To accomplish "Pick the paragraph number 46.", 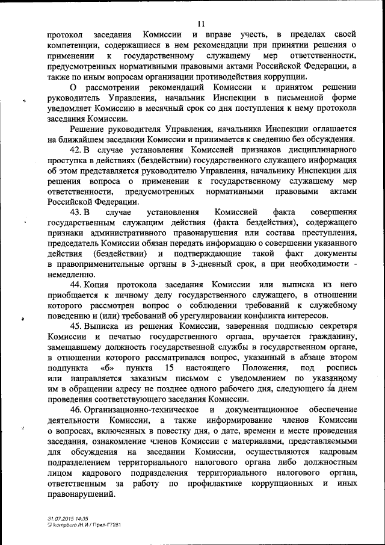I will point(76,410).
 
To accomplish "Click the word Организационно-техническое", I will point(137,410).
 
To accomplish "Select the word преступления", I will point(324,232).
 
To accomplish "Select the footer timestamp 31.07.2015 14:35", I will point(68,518).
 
